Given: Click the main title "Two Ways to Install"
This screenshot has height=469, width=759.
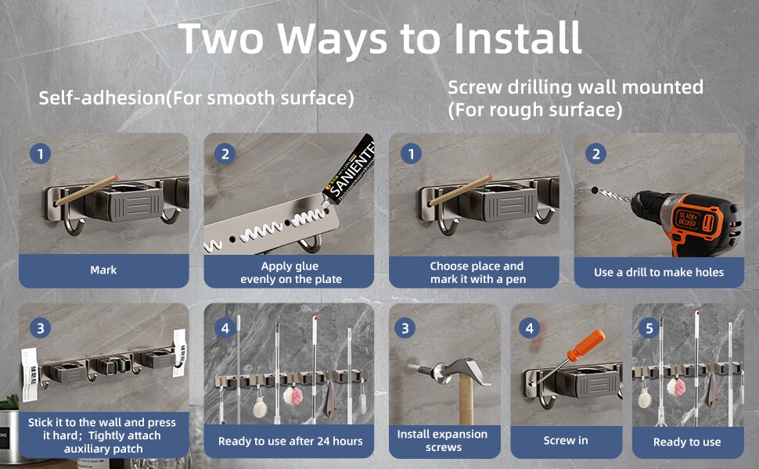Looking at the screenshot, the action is [x=380, y=38].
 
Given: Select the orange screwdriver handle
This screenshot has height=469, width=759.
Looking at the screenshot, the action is [x=586, y=345].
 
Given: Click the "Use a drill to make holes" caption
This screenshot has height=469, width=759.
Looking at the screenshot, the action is [x=659, y=272].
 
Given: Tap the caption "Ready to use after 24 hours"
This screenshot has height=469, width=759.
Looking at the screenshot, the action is [x=290, y=441].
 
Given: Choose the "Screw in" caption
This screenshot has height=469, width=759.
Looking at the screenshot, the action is [x=566, y=441].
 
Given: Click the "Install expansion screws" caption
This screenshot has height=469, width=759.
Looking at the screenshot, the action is [x=442, y=441].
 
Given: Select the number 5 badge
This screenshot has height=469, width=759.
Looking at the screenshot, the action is [x=649, y=329].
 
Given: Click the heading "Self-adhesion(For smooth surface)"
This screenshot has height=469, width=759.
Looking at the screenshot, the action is [x=196, y=98].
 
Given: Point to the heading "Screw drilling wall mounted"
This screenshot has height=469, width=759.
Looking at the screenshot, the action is [x=576, y=87].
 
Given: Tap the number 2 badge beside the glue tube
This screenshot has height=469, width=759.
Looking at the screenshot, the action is [x=225, y=154].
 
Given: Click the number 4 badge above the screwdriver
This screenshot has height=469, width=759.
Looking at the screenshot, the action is [x=529, y=329].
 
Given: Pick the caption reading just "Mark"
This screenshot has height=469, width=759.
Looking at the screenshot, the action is [x=103, y=270].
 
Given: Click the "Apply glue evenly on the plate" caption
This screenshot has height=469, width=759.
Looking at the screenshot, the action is [x=290, y=272].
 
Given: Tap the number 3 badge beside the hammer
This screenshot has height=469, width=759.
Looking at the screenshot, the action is [x=405, y=329].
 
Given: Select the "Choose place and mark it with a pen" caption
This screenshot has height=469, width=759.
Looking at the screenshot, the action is [x=477, y=272].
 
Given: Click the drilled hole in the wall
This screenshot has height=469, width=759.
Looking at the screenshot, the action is [x=595, y=191].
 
